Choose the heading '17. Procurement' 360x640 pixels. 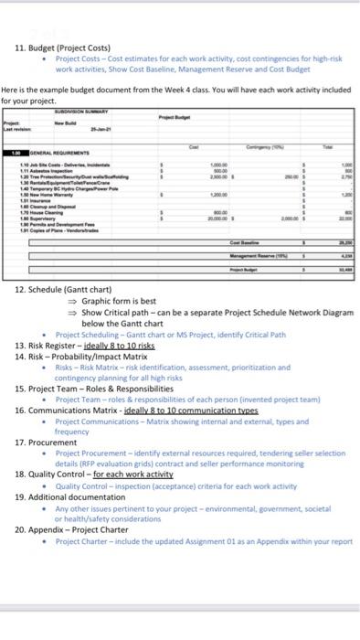click(51, 441)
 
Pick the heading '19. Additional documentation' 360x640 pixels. click(83, 496)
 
